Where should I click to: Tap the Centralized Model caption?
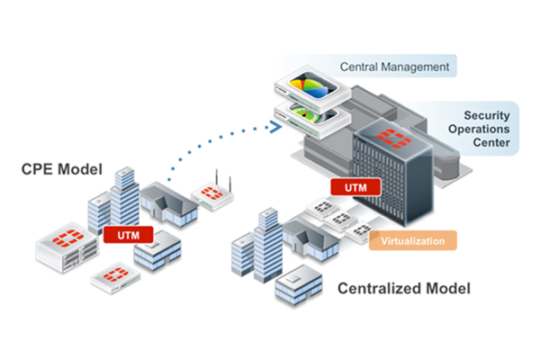pos(403,289)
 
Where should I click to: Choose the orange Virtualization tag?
pos(414,240)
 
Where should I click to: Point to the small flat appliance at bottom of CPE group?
pos(114,275)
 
